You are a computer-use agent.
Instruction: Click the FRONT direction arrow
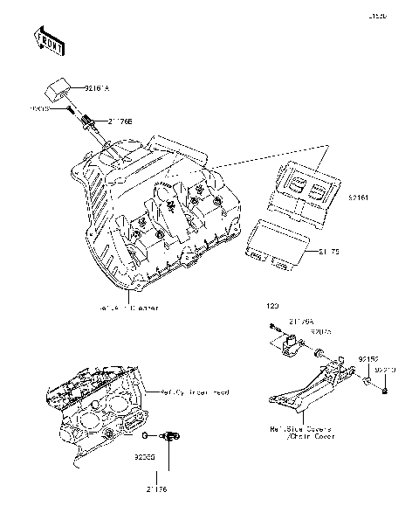pos(49,40)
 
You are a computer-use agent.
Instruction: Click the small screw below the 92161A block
pos(67,109)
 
